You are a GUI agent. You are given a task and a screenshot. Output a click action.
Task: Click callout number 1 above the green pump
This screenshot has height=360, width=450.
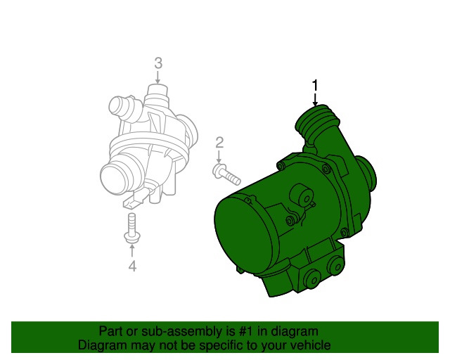point(315,86)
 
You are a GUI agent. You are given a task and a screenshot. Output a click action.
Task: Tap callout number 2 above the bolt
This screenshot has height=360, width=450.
point(219,143)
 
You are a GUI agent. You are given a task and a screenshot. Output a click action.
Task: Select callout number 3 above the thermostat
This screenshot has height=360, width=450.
point(158,63)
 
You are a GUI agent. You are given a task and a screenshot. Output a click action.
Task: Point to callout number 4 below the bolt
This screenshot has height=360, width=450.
point(132,266)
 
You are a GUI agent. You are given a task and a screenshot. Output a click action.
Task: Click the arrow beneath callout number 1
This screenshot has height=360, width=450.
point(315,100)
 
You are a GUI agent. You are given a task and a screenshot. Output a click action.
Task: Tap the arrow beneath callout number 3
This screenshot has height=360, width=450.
point(157,77)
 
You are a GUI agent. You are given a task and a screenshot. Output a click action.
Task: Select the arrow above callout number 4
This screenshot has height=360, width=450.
point(132,250)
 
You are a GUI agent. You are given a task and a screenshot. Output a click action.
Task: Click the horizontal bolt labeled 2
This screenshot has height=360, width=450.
point(226,174)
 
